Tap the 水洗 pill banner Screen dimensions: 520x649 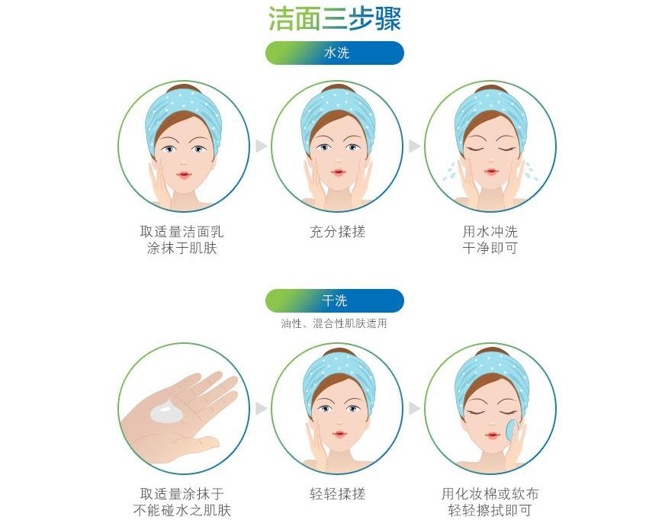[x=335, y=53]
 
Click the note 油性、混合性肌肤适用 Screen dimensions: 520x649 [x=334, y=323]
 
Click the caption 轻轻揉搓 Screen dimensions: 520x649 [x=337, y=494]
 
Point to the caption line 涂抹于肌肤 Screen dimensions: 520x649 [x=182, y=249]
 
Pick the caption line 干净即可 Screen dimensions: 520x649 [x=490, y=249]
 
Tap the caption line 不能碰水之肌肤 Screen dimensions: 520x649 [x=182, y=511]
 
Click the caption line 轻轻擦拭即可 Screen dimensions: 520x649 [x=490, y=511]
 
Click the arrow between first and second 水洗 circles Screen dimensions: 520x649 [x=261, y=146]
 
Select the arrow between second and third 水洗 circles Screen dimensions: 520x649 [x=414, y=146]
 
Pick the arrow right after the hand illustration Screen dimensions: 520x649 [x=261, y=409]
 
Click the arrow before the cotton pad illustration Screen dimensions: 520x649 [x=414, y=409]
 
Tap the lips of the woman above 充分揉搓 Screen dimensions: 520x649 [x=336, y=173]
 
